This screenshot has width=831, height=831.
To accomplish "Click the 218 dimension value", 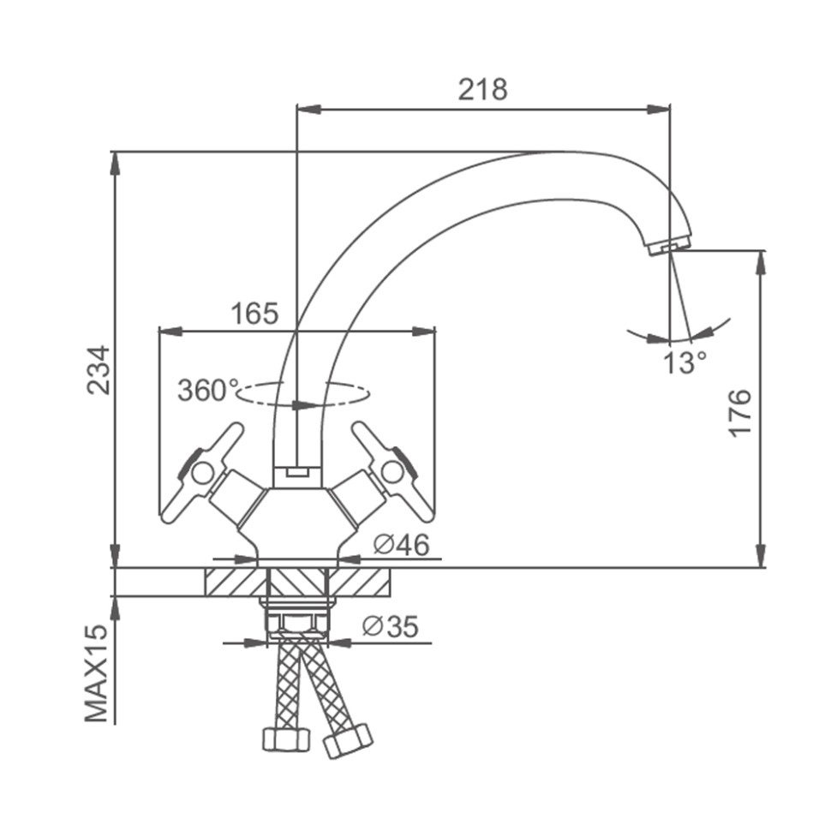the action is click(482, 89).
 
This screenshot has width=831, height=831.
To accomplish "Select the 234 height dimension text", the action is click(99, 370).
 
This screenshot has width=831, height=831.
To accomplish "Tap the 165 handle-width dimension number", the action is click(254, 314).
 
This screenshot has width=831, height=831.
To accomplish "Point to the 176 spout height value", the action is click(740, 413).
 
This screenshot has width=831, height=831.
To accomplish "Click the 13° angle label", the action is click(685, 362).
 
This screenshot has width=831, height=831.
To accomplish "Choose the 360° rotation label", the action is click(207, 391).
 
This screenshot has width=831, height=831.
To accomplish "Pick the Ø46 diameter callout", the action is click(401, 545).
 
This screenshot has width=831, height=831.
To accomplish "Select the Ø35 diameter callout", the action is click(390, 626).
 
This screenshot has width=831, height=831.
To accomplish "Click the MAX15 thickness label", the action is click(97, 673).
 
